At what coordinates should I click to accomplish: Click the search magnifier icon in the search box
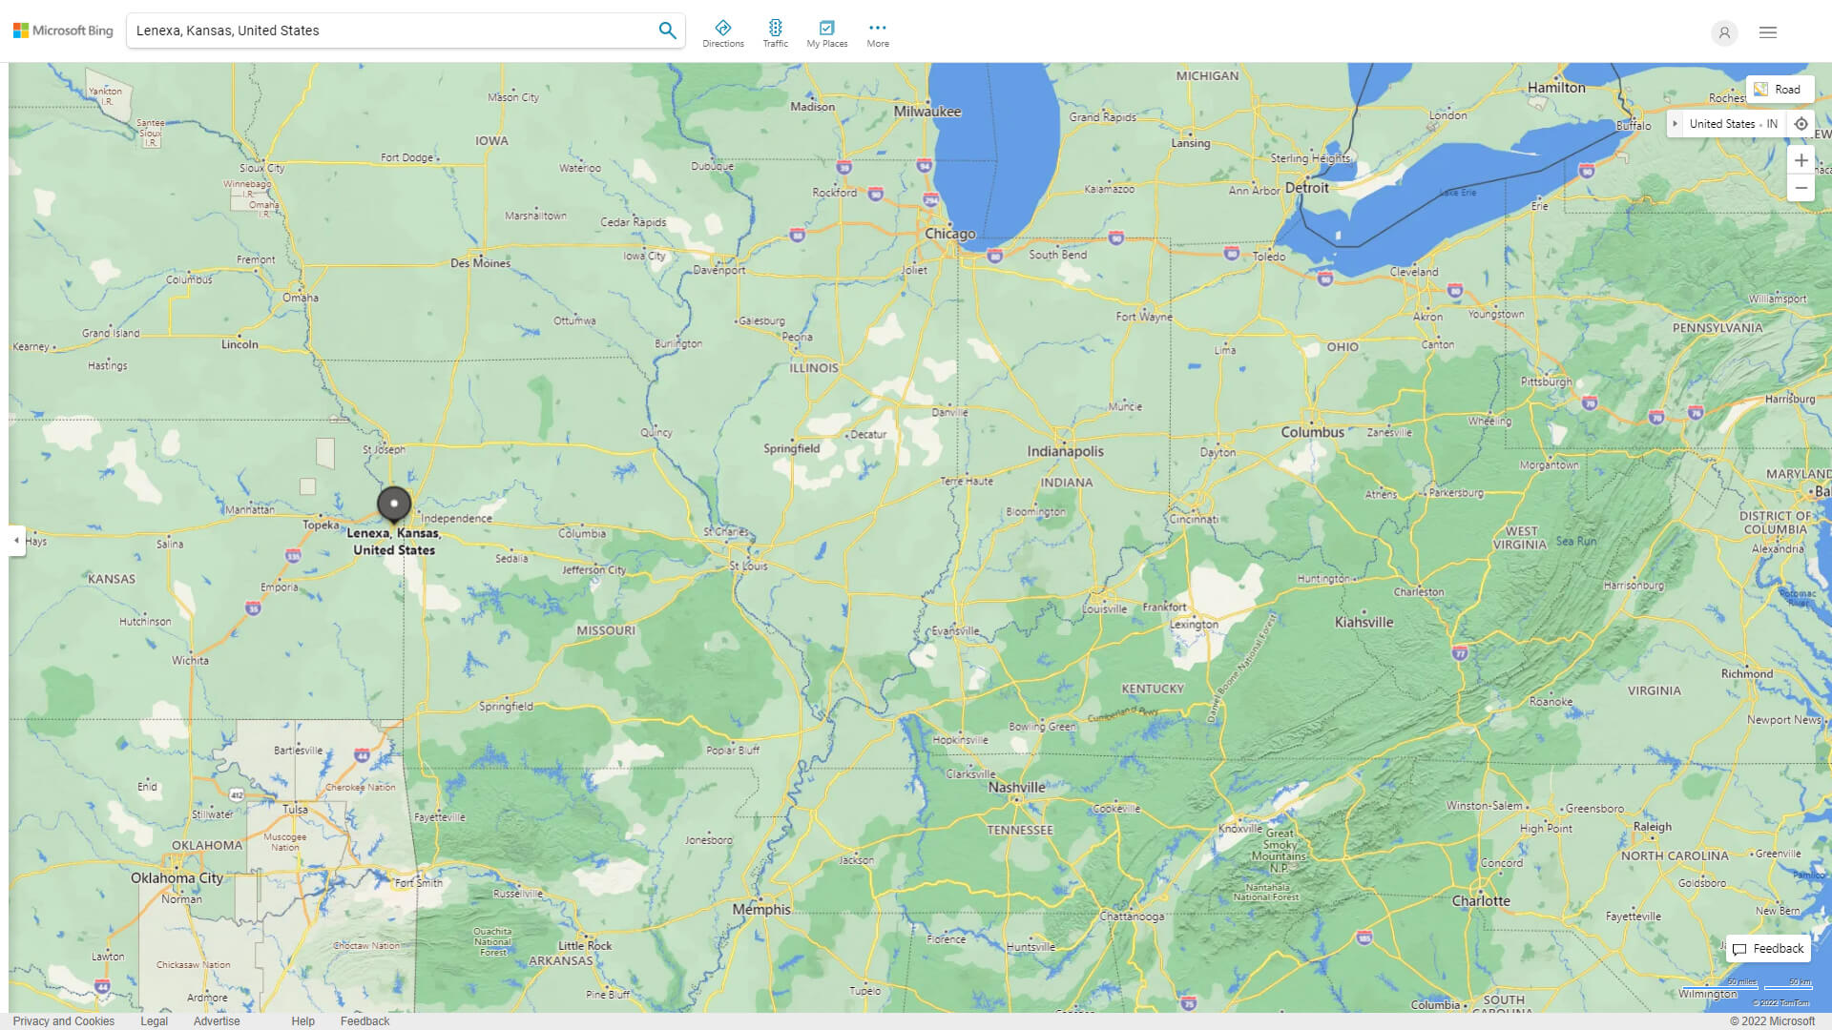click(x=667, y=31)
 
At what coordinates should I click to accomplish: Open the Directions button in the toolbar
click(x=722, y=33)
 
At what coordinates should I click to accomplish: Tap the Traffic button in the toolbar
click(x=775, y=33)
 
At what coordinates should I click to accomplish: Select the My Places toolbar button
click(x=826, y=33)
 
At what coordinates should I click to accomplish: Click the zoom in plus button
click(x=1801, y=160)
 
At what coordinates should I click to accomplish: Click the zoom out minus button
click(x=1801, y=188)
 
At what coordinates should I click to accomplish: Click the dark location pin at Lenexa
click(x=394, y=504)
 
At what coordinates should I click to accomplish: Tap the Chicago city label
click(x=949, y=234)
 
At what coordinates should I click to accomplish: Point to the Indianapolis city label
click(x=1065, y=451)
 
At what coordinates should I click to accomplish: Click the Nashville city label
click(x=1016, y=788)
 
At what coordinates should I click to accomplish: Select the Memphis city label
click(x=761, y=909)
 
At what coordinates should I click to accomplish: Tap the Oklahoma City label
click(x=177, y=877)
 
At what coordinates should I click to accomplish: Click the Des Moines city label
click(x=480, y=263)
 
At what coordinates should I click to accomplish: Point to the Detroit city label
click(x=1306, y=188)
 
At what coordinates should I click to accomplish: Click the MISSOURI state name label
click(x=605, y=630)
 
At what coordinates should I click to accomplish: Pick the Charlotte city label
click(x=1481, y=900)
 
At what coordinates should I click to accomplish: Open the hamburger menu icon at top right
click(x=1767, y=32)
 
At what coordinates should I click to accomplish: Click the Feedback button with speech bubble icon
click(x=1768, y=949)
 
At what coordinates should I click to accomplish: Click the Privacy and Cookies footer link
click(x=64, y=1020)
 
